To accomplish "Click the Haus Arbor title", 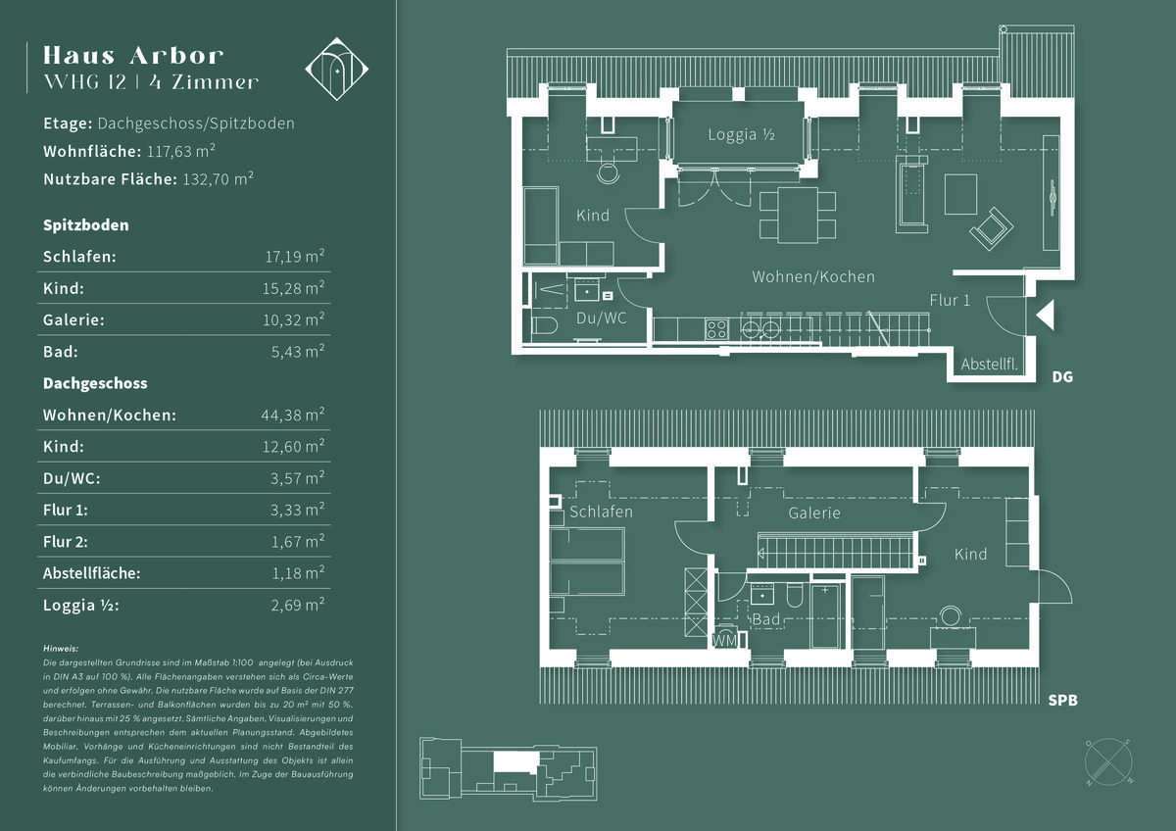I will tap(133, 55).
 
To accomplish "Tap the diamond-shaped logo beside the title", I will tap(336, 69).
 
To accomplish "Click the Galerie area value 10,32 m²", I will tap(298, 320).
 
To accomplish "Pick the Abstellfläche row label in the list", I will tap(92, 573).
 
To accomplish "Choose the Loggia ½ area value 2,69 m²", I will tap(298, 606).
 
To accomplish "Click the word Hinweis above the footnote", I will tap(61, 649).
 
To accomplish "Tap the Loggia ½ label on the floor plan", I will tap(741, 135).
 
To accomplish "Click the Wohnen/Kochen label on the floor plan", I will tap(813, 277).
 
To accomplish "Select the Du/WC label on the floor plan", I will tap(601, 318).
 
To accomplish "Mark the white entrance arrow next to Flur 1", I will tap(1045, 315).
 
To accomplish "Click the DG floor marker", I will tap(1061, 376).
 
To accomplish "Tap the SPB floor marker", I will tap(1064, 701).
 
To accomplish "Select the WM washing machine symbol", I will tap(724, 640).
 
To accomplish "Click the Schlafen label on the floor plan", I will tap(601, 513).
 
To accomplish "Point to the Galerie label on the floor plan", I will tap(814, 513).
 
